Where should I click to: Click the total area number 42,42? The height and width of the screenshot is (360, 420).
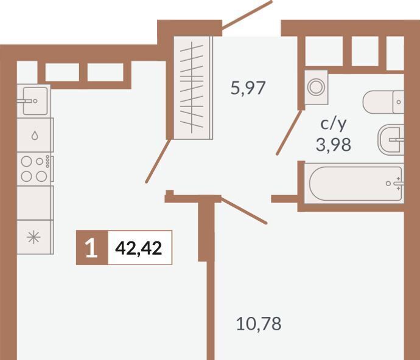pos(139,248)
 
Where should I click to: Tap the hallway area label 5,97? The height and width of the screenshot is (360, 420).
pos(248,88)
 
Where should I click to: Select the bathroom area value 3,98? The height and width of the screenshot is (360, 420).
pos(333,145)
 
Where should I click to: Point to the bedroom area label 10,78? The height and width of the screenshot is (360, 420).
pos(259,324)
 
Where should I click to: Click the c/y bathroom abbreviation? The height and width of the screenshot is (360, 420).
pos(334,125)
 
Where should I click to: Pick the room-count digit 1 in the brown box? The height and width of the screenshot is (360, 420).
pos(91,248)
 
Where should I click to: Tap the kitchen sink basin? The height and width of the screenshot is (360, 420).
pos(35,101)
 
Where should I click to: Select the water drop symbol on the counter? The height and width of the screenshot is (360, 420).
pos(35,136)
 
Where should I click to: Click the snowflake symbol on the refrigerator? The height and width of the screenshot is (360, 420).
pos(33,237)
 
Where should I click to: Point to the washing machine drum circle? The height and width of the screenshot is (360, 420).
pos(317,87)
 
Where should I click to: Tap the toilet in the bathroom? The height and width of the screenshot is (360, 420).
pos(383,102)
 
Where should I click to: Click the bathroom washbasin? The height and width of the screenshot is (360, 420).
pos(391,140)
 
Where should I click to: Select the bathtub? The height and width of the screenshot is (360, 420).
pos(354,183)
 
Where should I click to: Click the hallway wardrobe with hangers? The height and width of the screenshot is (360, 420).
pos(193,88)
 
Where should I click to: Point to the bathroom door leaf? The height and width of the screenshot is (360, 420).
pos(290,132)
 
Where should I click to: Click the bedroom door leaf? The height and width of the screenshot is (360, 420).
pos(243,210)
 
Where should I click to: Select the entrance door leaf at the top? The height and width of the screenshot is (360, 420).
pos(247,13)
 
